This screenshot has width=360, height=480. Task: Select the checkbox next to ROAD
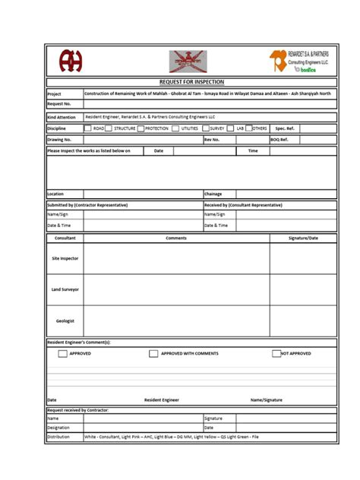coord(87,128)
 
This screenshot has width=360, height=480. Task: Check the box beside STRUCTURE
coord(108,128)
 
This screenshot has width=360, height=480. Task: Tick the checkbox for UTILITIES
coord(175,128)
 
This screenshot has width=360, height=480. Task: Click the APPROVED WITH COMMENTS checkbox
coord(153,354)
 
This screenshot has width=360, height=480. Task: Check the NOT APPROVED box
coord(276,354)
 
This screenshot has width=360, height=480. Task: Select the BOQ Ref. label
coord(279,140)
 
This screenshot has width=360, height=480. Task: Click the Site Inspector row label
coord(65,258)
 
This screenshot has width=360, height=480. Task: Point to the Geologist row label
coord(65,321)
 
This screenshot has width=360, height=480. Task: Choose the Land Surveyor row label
coord(65,289)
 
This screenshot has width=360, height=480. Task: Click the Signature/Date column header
coord(303,238)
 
